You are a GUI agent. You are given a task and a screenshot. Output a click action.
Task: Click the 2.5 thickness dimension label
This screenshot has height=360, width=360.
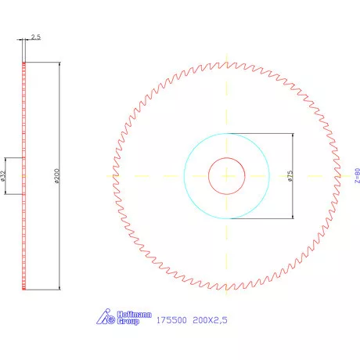pos(36,37)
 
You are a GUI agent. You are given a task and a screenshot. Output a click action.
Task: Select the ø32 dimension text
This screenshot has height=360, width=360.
pos(5,175)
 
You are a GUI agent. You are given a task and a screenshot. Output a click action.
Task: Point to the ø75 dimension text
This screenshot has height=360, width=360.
pos(290,176)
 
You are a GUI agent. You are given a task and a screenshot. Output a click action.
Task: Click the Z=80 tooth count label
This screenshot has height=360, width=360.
pos(356,176)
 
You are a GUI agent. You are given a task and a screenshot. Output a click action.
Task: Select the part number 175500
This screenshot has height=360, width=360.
pos(171,320)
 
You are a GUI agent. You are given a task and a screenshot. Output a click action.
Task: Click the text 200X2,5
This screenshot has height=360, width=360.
pos(211,320)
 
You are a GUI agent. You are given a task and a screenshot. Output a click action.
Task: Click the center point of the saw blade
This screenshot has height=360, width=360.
pos(226,176)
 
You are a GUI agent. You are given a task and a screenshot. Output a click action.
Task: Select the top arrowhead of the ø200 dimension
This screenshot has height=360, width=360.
pos(58,64)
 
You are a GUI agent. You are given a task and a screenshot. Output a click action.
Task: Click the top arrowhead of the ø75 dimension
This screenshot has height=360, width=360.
pos(292,135)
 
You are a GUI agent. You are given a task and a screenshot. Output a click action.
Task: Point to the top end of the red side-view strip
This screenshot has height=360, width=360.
pos(25,63)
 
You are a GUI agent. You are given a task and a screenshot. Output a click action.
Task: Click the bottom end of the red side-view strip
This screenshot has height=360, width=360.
pos(25,289)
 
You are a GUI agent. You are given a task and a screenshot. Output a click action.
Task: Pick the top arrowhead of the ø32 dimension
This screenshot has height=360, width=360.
pos(6,160)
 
